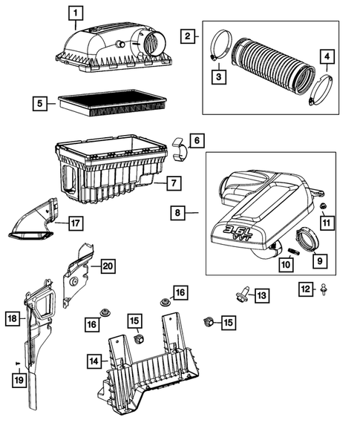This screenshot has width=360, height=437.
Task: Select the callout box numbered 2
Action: [189, 36]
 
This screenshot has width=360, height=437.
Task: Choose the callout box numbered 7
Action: [171, 183]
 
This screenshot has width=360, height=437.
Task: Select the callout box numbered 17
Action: [74, 222]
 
